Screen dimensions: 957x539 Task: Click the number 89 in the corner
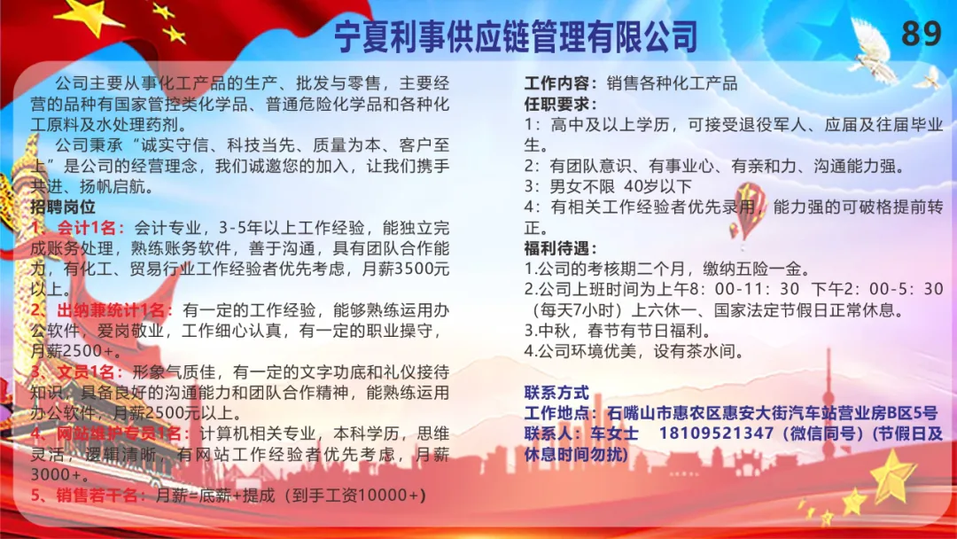[x=921, y=33]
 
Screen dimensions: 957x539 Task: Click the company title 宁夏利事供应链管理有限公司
[x=516, y=36]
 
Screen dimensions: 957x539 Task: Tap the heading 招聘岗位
[x=63, y=207]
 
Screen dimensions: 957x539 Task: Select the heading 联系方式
[x=556, y=393]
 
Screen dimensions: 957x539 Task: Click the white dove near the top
[x=874, y=50]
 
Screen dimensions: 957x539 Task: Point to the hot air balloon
[x=749, y=211]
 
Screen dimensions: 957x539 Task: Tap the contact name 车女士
[x=614, y=434]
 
